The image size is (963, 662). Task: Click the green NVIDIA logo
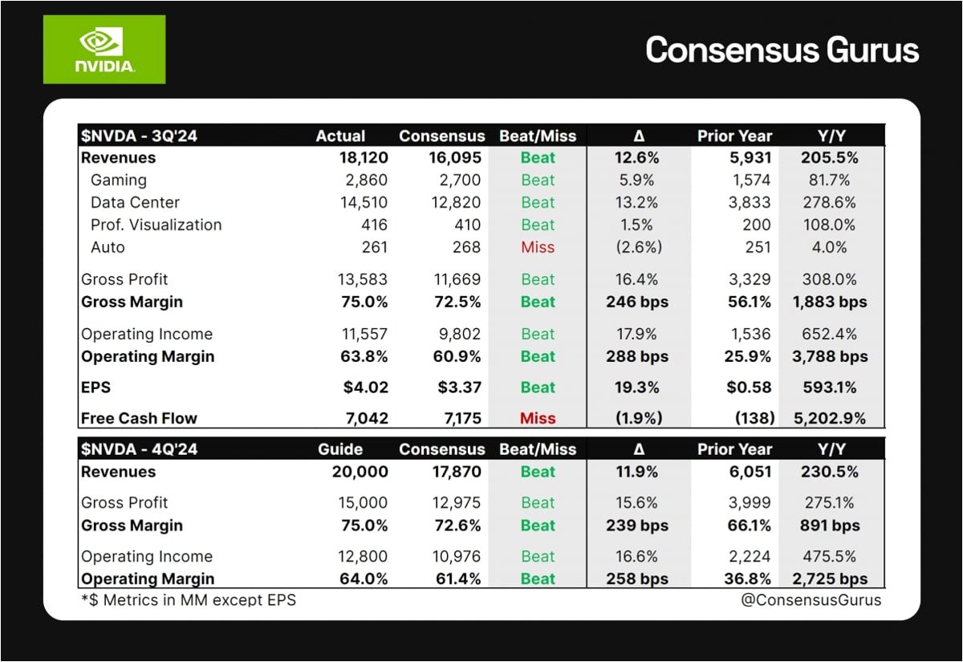click(104, 50)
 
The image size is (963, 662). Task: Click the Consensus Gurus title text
click(782, 50)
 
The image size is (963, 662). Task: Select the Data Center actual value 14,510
click(364, 202)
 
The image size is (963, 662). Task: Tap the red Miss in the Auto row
click(538, 247)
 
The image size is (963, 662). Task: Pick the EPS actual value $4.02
click(365, 388)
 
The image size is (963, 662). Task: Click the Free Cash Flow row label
click(139, 418)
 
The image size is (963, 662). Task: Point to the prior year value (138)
click(755, 418)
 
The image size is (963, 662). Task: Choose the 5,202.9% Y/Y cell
click(830, 418)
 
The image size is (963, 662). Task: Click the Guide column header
click(340, 449)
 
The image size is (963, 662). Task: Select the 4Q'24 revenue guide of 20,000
click(360, 472)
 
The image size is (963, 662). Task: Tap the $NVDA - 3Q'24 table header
click(139, 136)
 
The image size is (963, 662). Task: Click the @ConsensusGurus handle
click(811, 600)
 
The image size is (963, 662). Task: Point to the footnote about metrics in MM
click(189, 600)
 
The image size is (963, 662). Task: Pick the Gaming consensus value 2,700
click(460, 180)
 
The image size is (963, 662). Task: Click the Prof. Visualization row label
click(156, 225)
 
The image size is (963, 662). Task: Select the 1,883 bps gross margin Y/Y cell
click(830, 302)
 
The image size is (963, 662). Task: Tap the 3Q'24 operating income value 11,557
click(364, 334)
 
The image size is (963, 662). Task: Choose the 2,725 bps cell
click(830, 579)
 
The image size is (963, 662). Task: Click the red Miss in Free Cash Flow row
click(538, 418)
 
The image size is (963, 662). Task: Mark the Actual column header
click(340, 136)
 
